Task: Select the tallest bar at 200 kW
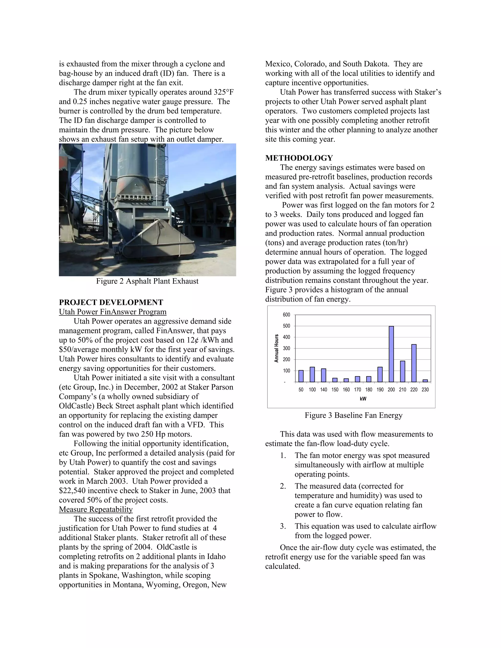[x=391, y=354]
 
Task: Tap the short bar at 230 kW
[x=425, y=381]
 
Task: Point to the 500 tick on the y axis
[x=286, y=326]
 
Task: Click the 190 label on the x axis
[x=380, y=390]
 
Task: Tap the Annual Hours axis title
[x=277, y=348]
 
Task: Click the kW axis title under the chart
[x=363, y=399]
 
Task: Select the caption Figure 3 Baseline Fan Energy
[x=353, y=415]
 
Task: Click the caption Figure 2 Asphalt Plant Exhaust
[x=147, y=281]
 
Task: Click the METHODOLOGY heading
[x=299, y=158]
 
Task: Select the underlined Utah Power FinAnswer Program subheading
[x=113, y=312]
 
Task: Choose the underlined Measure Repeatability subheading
[x=96, y=509]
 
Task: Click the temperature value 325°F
[x=226, y=92]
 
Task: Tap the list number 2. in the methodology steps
[x=283, y=486]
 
